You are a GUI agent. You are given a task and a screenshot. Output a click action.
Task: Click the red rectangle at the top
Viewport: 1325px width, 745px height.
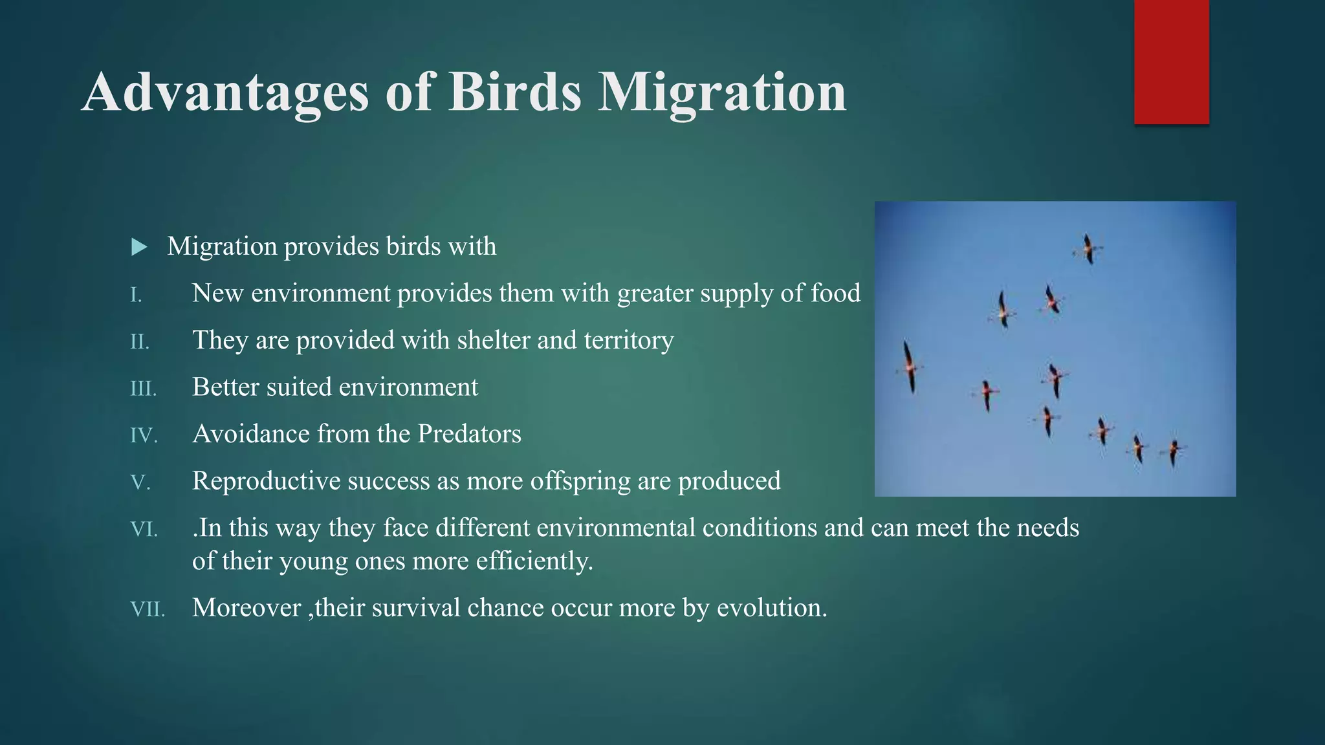(x=1171, y=61)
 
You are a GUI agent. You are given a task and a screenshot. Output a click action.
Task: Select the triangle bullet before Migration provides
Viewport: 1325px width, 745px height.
(x=138, y=247)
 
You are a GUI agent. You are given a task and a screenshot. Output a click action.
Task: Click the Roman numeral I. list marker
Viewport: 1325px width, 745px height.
(x=136, y=296)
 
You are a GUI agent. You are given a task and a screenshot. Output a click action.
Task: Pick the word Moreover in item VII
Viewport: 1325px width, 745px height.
(x=246, y=608)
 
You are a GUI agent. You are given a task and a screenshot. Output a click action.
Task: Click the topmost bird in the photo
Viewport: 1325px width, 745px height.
(x=1089, y=249)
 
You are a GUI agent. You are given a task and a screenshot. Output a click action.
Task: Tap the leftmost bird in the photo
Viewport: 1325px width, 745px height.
(x=910, y=367)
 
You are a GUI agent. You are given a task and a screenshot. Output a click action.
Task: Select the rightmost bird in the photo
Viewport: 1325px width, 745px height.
(x=1173, y=451)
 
